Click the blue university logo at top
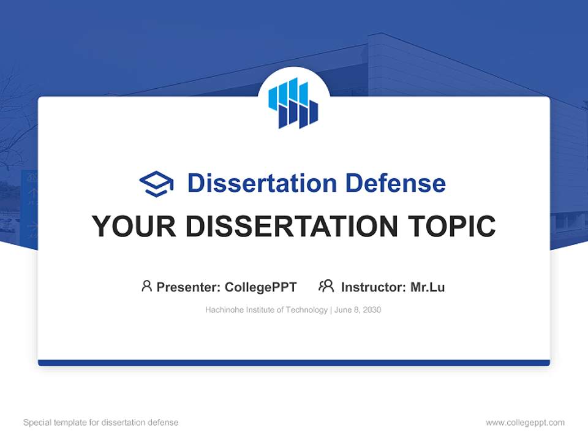pyautogui.click(x=293, y=103)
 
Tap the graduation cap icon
pyautogui.click(x=156, y=184)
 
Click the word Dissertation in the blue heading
pyautogui.click(x=262, y=183)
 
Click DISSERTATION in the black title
pyautogui.click(x=295, y=227)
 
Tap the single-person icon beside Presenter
pyautogui.click(x=146, y=286)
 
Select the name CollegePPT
pyautogui.click(x=260, y=287)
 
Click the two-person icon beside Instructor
pyautogui.click(x=326, y=286)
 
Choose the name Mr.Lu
pyautogui.click(x=428, y=287)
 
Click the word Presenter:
pyautogui.click(x=189, y=287)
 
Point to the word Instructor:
pyautogui.click(x=373, y=287)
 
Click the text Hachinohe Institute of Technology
pyautogui.click(x=266, y=310)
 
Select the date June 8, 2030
pyautogui.click(x=358, y=310)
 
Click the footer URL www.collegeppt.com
pyautogui.click(x=525, y=423)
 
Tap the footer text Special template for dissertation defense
pyautogui.click(x=101, y=423)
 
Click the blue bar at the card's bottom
pyautogui.click(x=294, y=363)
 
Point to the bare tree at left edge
pyautogui.click(x=12, y=123)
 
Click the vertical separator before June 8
pyautogui.click(x=331, y=310)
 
